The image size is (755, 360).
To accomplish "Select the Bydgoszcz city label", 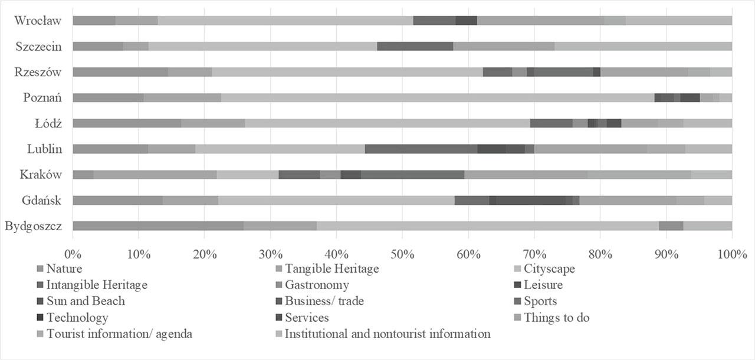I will click(33, 226).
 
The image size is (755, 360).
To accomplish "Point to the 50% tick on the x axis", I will click(402, 254).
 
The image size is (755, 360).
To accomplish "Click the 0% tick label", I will click(73, 254).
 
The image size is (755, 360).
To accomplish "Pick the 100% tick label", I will click(731, 254).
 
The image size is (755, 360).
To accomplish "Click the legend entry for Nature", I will click(64, 269).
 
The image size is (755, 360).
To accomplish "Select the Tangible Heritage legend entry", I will click(331, 269).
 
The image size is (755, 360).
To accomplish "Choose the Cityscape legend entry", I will click(549, 269).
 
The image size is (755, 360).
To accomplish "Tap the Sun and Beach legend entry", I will click(86, 302).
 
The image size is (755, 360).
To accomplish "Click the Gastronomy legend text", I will click(317, 286).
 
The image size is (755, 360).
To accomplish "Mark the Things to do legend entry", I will click(556, 318).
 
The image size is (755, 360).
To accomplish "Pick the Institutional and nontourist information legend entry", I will click(387, 334).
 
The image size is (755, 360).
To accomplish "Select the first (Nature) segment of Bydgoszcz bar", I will click(157, 226).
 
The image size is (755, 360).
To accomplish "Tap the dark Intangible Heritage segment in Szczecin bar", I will click(415, 46).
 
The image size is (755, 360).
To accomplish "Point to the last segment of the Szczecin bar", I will click(643, 46).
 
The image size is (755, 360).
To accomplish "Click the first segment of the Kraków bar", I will click(83, 175).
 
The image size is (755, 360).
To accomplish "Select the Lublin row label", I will click(44, 149).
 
